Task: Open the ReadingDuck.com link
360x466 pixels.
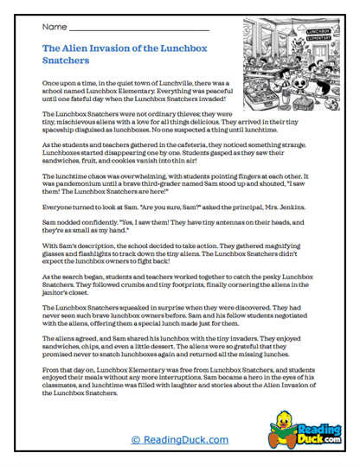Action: tap(180, 439)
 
